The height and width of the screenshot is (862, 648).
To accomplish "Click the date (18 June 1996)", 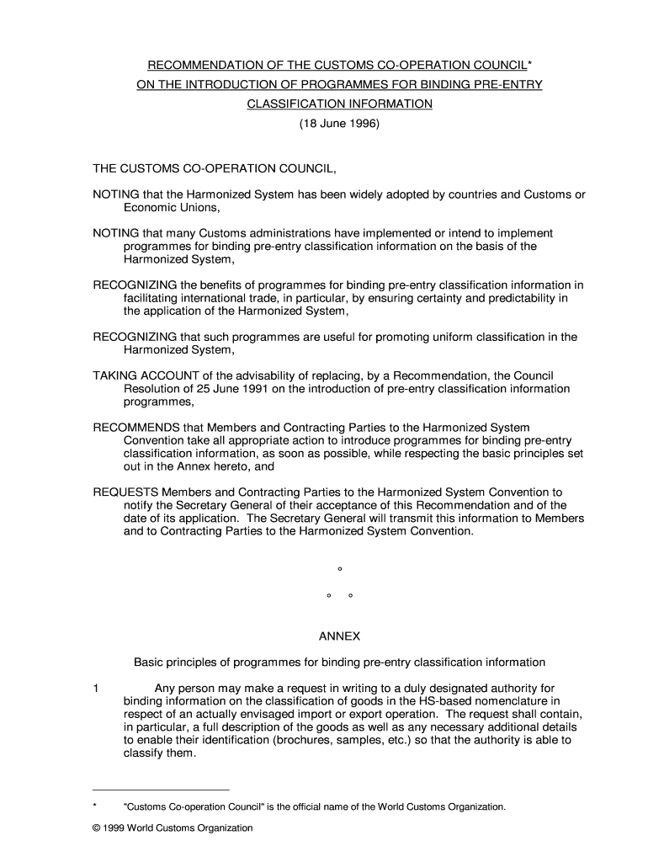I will [340, 123].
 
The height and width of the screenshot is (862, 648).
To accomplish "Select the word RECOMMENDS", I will [134, 428].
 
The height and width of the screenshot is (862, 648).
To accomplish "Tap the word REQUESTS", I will [125, 492].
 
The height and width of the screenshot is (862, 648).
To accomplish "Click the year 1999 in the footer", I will [115, 828].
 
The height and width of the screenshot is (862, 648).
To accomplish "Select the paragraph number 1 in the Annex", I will [97, 689].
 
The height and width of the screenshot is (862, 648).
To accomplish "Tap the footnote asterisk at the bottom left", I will [95, 806].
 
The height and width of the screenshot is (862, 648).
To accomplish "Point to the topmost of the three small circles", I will [339, 569].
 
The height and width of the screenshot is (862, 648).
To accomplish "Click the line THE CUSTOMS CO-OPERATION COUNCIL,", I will [215, 168].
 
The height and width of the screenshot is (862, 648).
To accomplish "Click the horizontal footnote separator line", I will [161, 790].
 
